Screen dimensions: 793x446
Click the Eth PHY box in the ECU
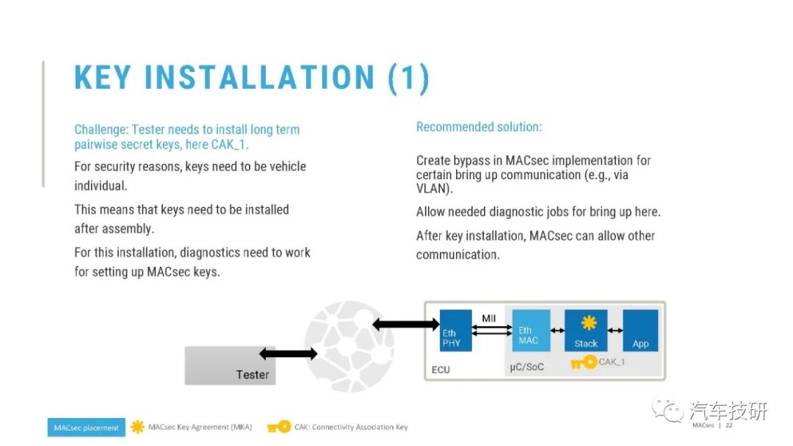pos(456,331)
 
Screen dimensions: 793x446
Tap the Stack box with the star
pos(586,331)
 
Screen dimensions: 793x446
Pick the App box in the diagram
pos(640,331)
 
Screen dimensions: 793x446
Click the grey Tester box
pos(230,365)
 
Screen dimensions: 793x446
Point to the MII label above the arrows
pos(488,318)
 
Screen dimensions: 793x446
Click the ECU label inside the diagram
pos(441,370)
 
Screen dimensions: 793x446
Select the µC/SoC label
pos(526,367)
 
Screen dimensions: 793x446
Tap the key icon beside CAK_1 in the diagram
pos(584,362)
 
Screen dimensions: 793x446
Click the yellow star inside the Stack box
pos(589,323)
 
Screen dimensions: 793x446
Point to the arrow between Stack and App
pos(615,331)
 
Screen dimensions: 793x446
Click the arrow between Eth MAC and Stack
pos(557,331)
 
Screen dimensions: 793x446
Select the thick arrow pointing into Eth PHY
pos(406,324)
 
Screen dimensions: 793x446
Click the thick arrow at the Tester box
pos(289,353)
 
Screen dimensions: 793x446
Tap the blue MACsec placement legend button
pos(87,428)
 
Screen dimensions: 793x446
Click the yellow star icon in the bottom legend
pos(137,427)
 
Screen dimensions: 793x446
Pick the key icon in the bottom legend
pos(279,427)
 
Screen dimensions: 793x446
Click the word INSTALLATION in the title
pos(259,77)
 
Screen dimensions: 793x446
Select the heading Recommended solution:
pos(479,126)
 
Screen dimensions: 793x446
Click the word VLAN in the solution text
pos(432,189)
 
